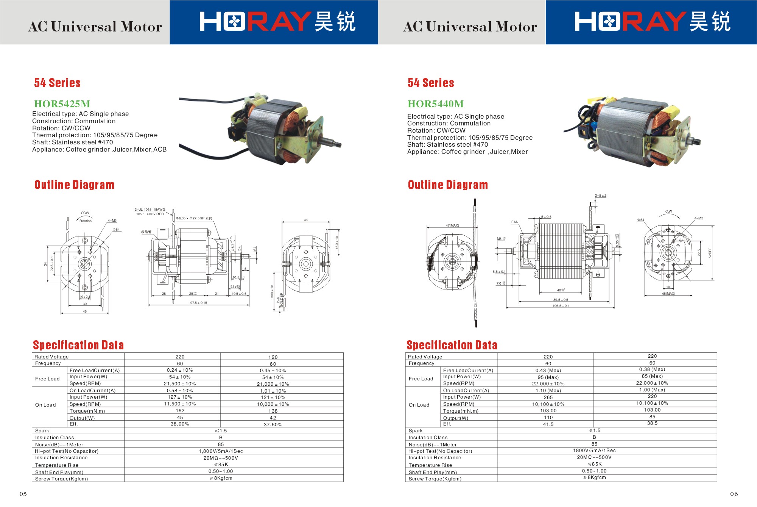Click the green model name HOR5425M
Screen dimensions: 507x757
(62, 104)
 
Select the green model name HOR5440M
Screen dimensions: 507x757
(435, 104)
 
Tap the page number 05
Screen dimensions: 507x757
(23, 494)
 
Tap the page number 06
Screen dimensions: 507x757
(734, 494)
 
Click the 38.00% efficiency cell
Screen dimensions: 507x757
(180, 424)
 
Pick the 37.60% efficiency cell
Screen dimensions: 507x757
(273, 424)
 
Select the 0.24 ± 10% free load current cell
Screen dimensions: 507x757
(180, 370)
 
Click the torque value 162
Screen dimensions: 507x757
(180, 411)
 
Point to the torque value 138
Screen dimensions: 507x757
(273, 411)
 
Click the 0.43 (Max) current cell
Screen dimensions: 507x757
(548, 371)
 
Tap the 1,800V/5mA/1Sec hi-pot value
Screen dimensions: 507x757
(221, 451)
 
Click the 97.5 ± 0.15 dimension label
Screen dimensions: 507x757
(199, 303)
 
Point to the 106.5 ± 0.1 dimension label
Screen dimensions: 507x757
(561, 306)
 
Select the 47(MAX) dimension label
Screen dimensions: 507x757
(452, 225)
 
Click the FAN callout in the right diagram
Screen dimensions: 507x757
(515, 222)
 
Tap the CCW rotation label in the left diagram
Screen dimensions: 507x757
(85, 213)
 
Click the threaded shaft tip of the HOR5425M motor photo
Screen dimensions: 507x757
(338, 144)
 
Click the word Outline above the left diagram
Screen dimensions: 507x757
(52, 185)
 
